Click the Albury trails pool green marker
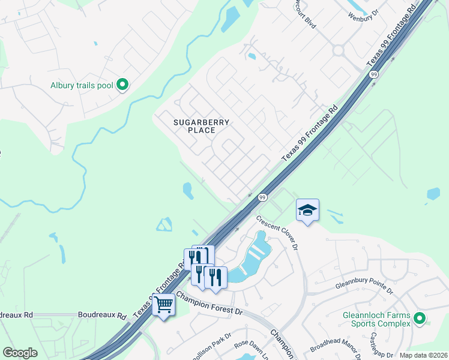coord(122,85)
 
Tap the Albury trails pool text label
coord(81,85)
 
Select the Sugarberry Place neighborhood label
coord(201,126)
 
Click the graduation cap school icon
coord(307,210)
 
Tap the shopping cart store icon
coord(163,305)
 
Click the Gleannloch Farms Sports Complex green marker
coord(420,319)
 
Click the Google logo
coord(20,353)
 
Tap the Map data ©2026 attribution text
coord(423,355)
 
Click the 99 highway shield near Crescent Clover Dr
coord(262,197)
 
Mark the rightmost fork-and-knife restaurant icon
coord(215,277)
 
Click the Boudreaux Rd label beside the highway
coord(102,315)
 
